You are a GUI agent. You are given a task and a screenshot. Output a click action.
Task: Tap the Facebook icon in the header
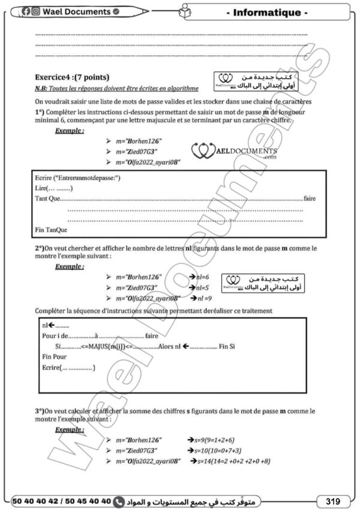click(28, 11)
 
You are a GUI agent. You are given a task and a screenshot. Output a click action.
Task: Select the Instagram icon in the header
click(36, 11)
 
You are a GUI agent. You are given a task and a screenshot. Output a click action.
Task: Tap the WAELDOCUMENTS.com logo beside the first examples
click(235, 151)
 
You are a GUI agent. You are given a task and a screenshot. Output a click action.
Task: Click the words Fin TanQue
click(52, 229)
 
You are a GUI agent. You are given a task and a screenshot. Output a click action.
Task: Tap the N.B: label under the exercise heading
click(43, 88)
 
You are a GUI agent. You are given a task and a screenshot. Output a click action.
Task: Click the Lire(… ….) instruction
click(51, 188)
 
